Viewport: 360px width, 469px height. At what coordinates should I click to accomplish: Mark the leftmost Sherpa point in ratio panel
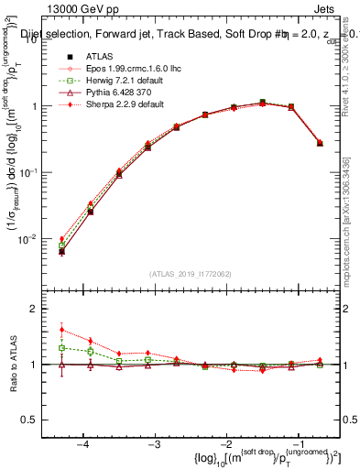(x=61, y=330)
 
